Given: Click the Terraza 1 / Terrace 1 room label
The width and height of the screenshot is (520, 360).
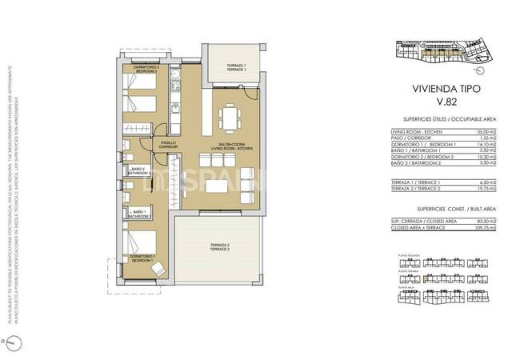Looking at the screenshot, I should pyautogui.click(x=235, y=66).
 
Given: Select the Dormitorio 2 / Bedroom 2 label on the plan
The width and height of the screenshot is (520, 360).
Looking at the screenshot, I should pyautogui.click(x=146, y=70).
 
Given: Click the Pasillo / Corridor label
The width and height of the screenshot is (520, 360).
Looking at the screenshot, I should pyautogui.click(x=167, y=145).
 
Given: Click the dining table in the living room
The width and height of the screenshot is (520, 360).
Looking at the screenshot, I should pyautogui.click(x=231, y=117).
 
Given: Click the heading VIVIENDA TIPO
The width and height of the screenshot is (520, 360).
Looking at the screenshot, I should pyautogui.click(x=439, y=90).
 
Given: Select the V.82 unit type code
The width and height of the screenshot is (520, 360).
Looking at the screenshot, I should pyautogui.click(x=439, y=103).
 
